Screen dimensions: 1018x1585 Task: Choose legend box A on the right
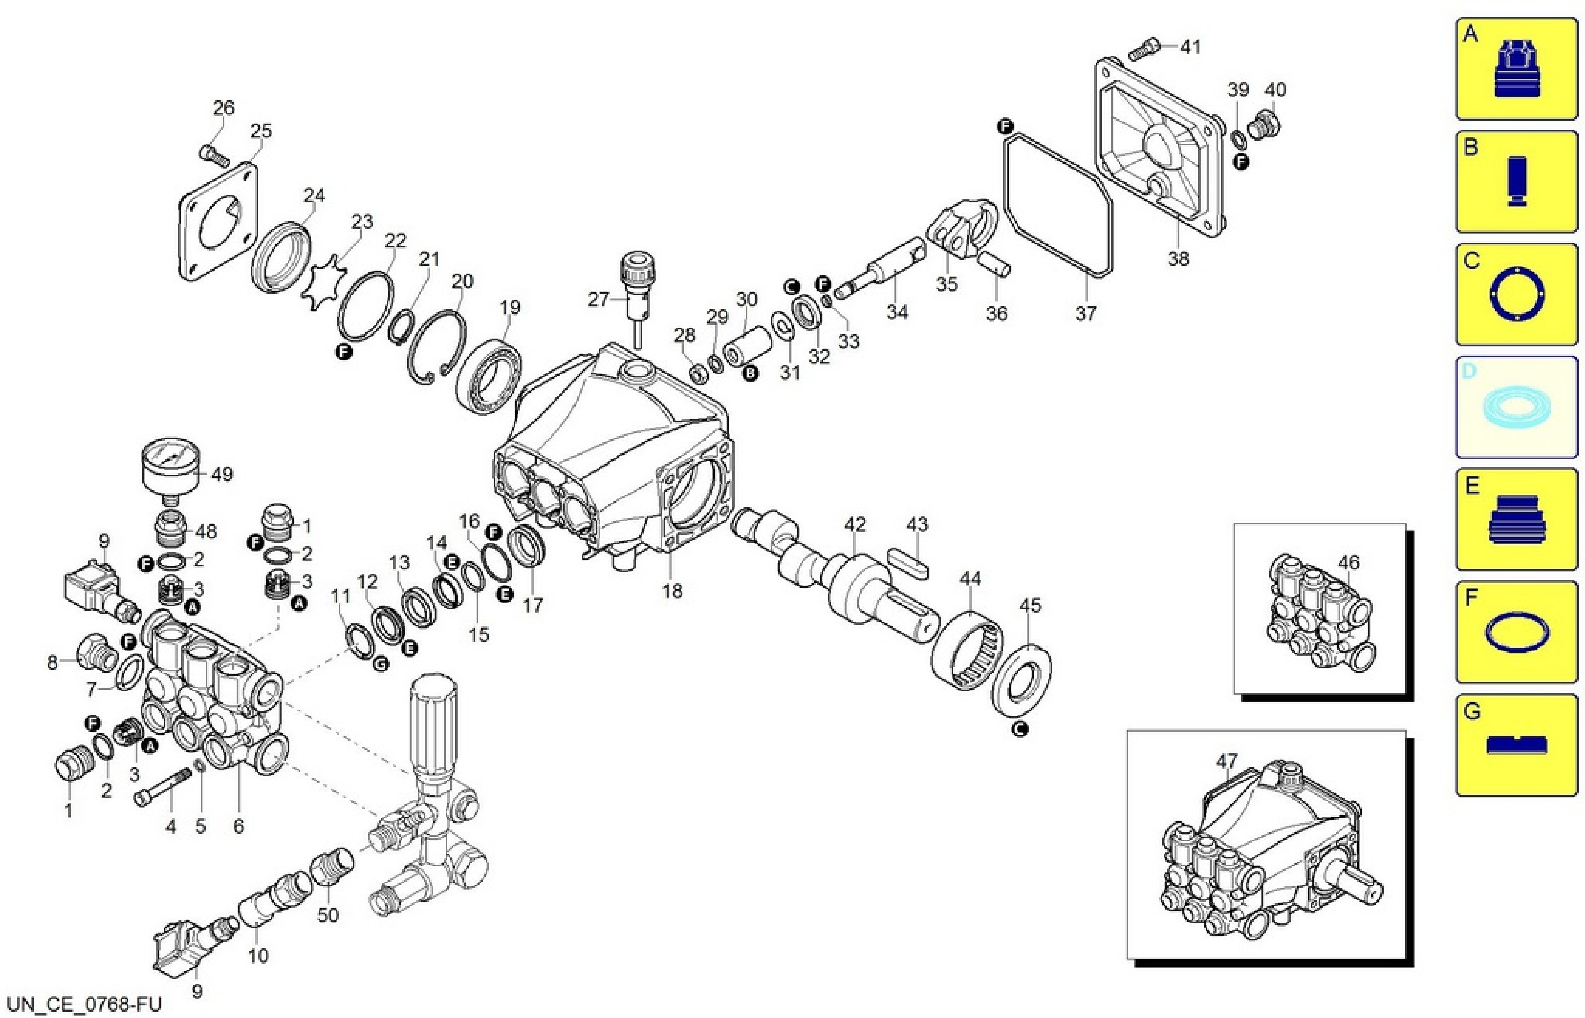[x=1516, y=69]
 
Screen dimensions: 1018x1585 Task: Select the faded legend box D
[x=1516, y=407]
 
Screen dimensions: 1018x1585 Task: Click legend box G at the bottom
[x=1516, y=744]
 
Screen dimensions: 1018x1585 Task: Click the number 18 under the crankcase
[x=672, y=591]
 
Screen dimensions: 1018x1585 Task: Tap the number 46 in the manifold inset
[x=1348, y=562]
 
